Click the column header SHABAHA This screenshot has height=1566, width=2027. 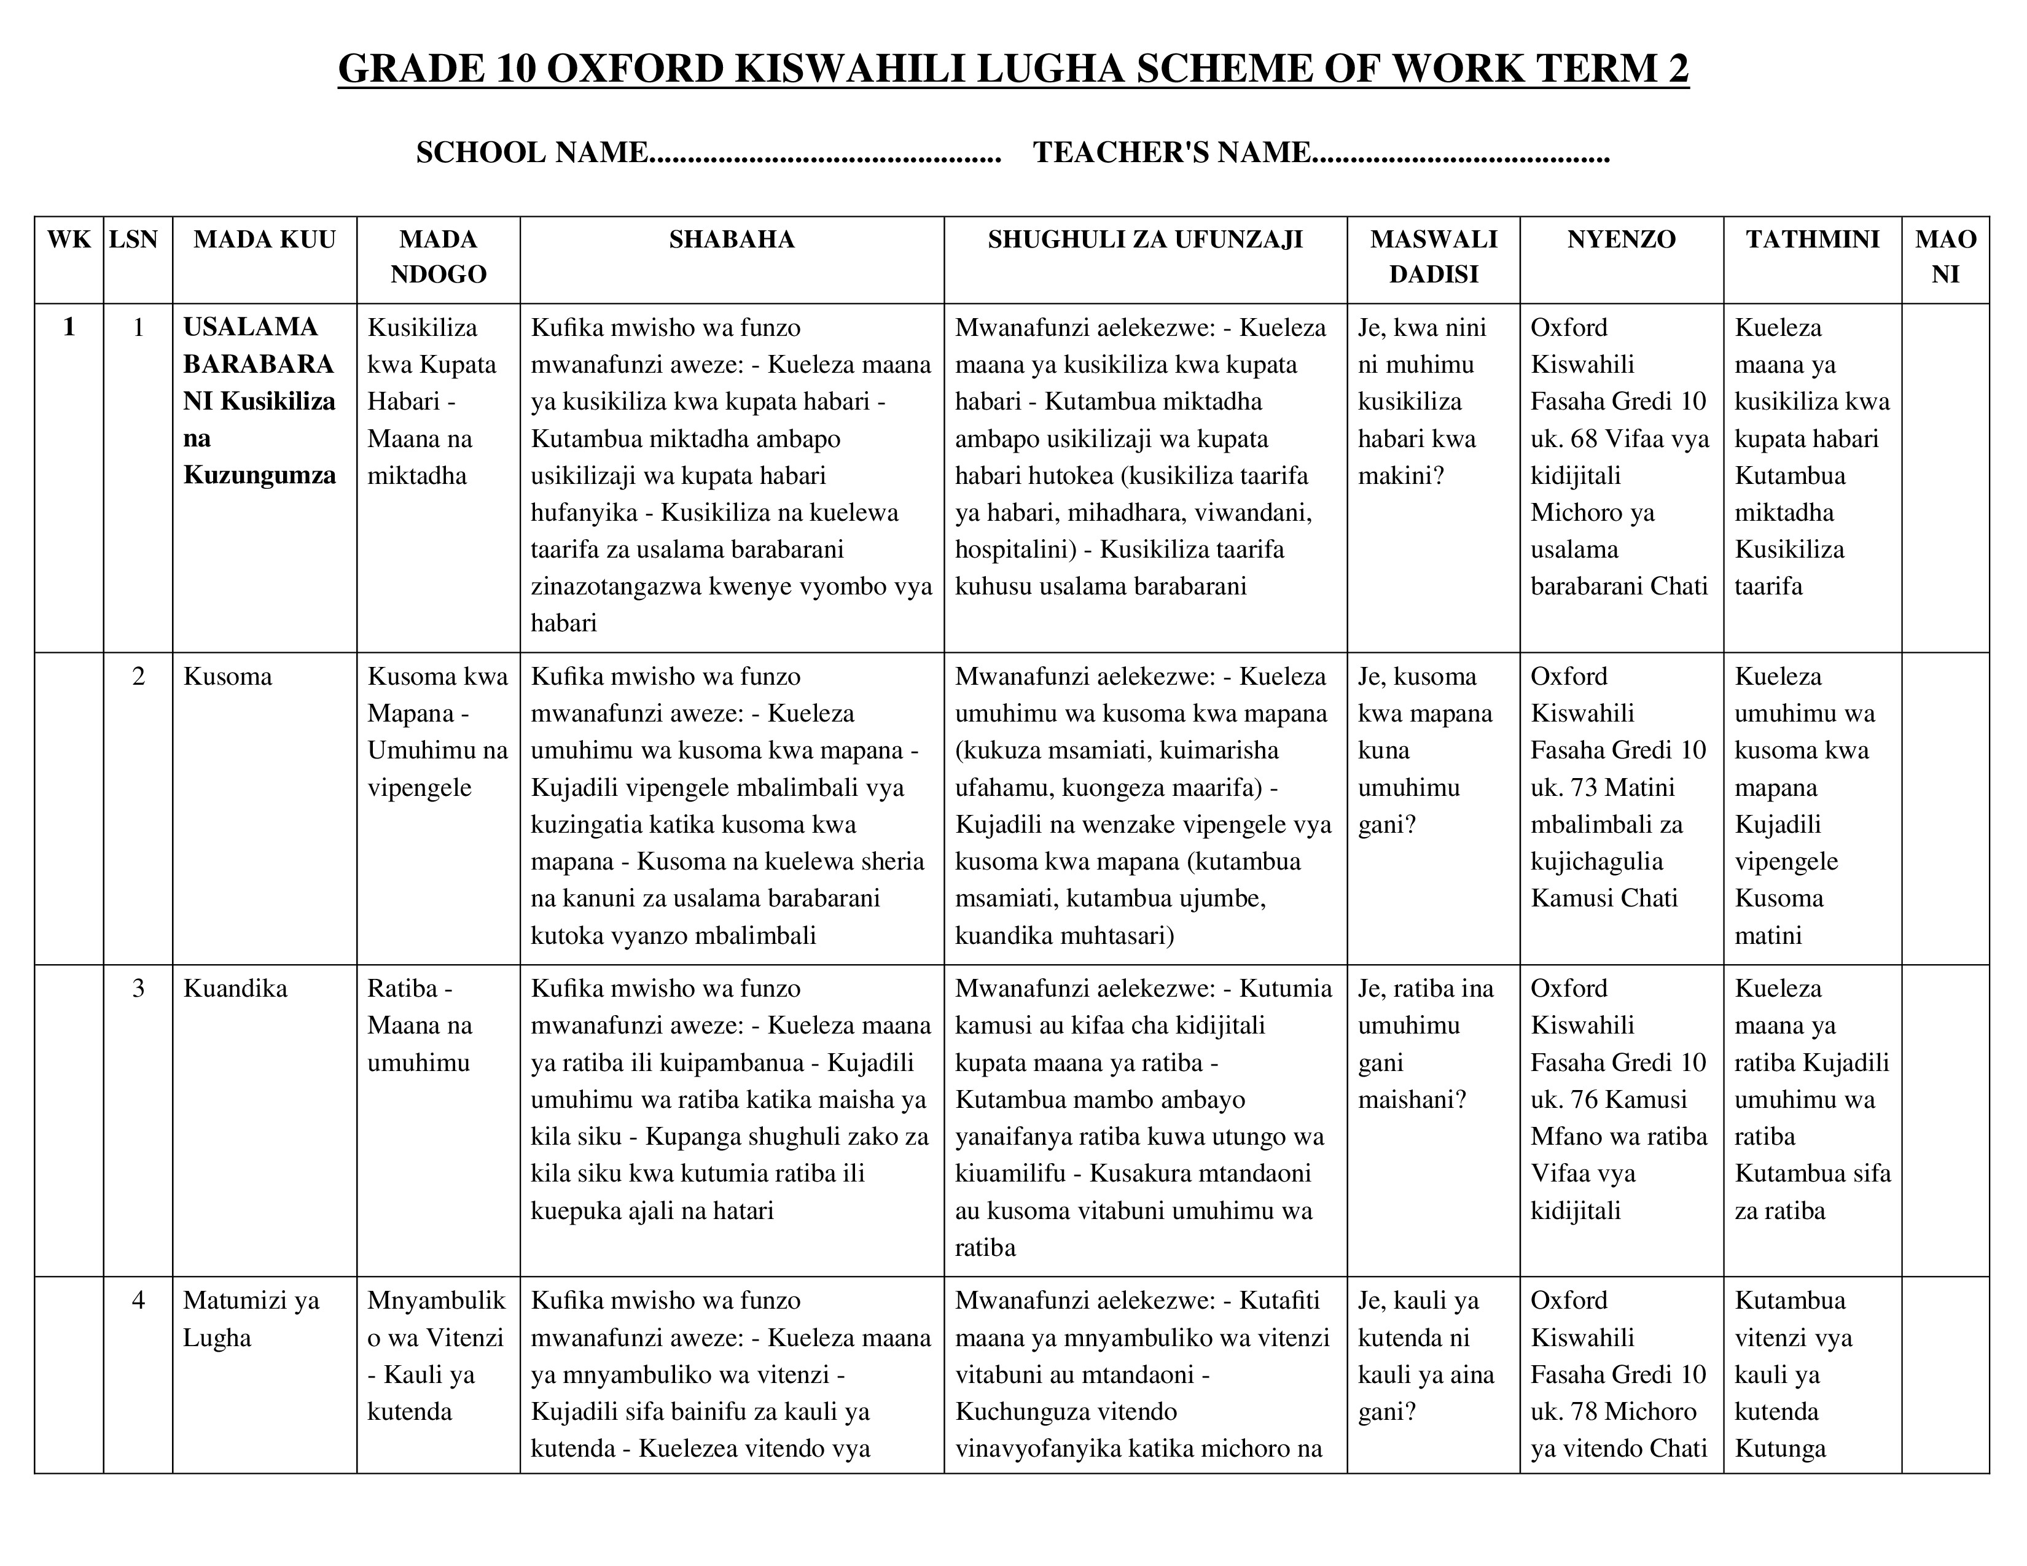[x=732, y=240]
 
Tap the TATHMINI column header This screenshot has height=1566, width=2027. [x=1811, y=240]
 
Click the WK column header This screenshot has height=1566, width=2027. [x=69, y=240]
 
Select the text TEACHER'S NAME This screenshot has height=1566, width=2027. [x=1171, y=152]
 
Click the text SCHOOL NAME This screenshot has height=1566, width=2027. [x=531, y=152]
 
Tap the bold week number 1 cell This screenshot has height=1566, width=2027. [x=69, y=327]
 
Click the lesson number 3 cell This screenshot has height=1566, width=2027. [x=138, y=988]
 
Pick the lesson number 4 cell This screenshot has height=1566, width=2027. [x=138, y=1299]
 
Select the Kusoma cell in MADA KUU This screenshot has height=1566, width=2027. [x=227, y=676]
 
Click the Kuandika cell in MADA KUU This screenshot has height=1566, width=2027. [x=235, y=988]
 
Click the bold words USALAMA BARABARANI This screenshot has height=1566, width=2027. [x=257, y=346]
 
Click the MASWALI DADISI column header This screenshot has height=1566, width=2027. [x=1433, y=256]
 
